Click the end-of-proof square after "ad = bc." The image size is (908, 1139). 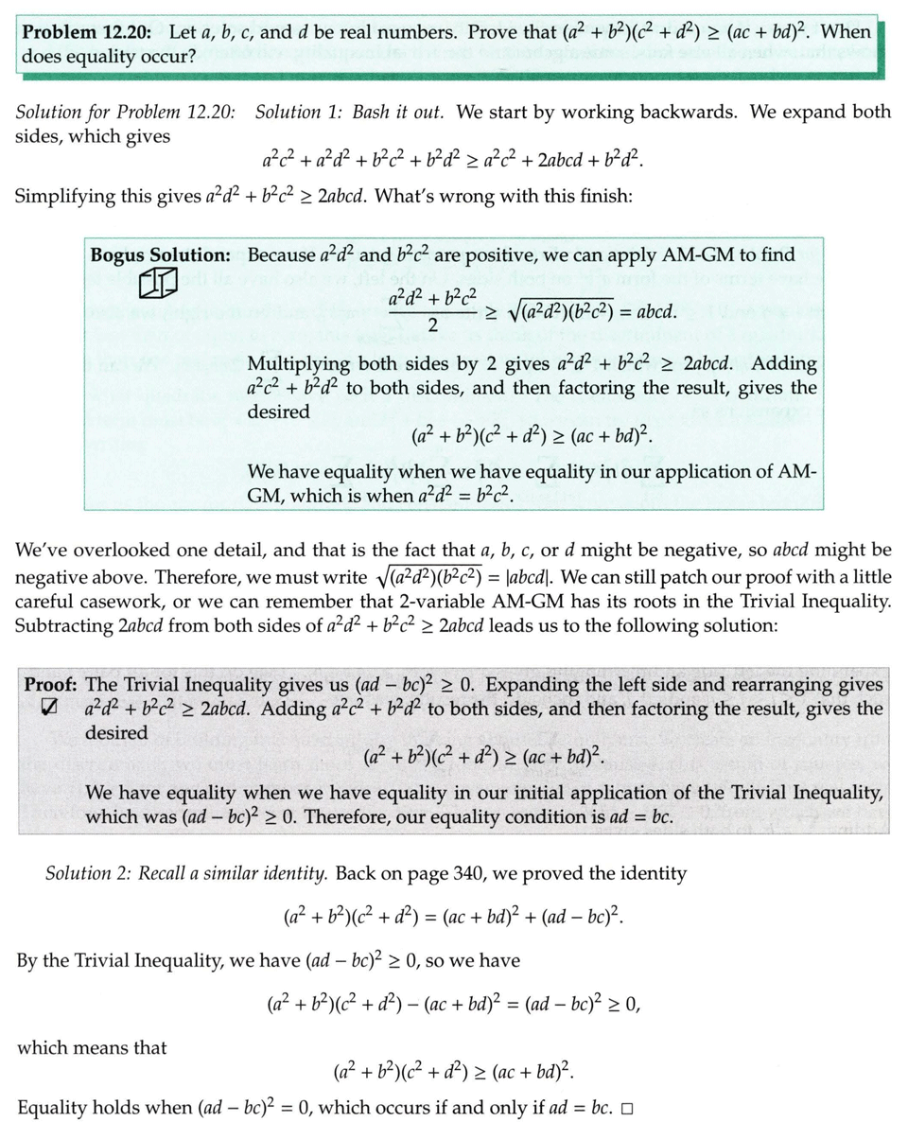pos(626,1107)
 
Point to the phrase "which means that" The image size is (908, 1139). pos(92,1047)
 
